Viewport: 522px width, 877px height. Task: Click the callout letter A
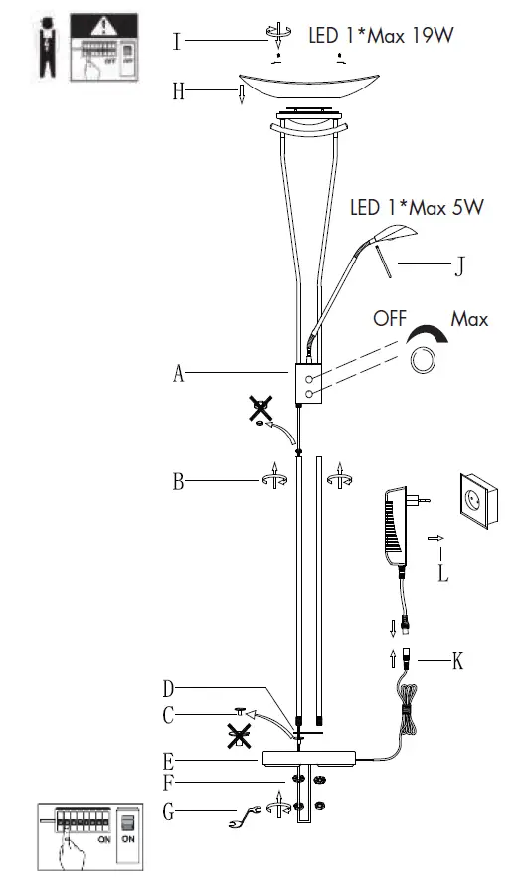pyautogui.click(x=179, y=374)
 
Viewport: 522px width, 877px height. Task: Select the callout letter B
pyautogui.click(x=178, y=483)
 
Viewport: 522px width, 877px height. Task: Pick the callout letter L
pyautogui.click(x=443, y=573)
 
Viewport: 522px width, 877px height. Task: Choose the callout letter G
pyautogui.click(x=168, y=813)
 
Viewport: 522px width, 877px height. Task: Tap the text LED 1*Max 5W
pyautogui.click(x=417, y=209)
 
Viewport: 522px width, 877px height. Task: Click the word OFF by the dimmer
pyautogui.click(x=391, y=321)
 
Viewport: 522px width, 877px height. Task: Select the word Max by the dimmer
pyautogui.click(x=469, y=320)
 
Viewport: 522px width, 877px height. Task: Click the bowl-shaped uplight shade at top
pyautogui.click(x=307, y=88)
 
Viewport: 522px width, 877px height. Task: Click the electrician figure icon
pyautogui.click(x=41, y=49)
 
